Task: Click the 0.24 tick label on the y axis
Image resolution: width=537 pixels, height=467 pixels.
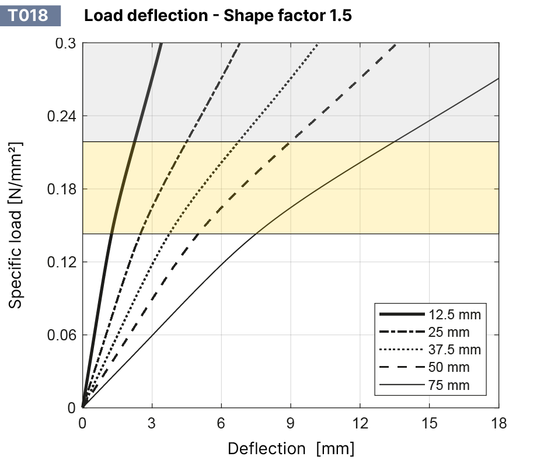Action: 61,116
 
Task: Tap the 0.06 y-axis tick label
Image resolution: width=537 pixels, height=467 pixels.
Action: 61,335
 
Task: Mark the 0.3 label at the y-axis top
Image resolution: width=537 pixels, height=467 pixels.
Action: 65,44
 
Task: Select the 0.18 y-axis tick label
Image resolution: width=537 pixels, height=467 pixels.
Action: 61,189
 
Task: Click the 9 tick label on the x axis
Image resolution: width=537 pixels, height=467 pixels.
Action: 291,423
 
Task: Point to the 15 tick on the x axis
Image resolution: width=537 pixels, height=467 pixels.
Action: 430,423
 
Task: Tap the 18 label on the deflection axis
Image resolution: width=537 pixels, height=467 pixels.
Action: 498,423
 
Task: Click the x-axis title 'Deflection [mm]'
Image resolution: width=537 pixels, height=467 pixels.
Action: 291,448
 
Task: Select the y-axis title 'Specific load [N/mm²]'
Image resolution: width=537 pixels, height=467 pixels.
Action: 16,225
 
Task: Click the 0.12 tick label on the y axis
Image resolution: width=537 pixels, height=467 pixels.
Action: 61,262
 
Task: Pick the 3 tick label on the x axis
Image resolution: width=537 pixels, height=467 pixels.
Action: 152,423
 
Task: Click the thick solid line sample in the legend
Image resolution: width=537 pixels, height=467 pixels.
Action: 402,315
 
